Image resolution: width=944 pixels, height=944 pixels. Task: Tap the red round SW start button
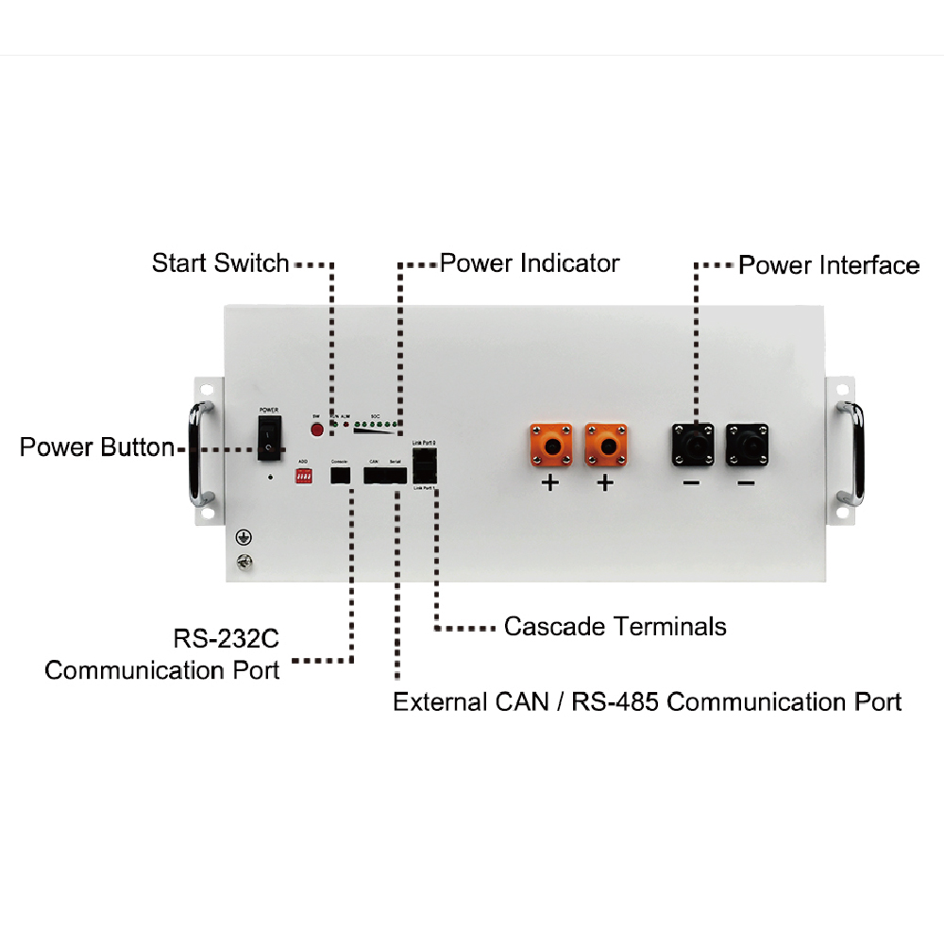click(x=317, y=430)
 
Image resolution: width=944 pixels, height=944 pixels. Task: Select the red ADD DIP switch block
click(x=304, y=478)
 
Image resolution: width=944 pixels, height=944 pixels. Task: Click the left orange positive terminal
click(x=550, y=444)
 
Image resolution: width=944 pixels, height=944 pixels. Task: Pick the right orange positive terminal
click(x=606, y=444)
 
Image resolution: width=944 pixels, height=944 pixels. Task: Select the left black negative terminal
click(x=693, y=444)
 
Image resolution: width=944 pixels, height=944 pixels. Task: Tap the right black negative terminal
click(x=748, y=444)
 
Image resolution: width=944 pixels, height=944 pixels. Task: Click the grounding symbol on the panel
click(x=242, y=538)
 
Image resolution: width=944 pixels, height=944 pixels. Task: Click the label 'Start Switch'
click(x=220, y=262)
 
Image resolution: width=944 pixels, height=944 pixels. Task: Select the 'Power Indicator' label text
click(x=530, y=262)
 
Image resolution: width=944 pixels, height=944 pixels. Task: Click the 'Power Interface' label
click(x=828, y=265)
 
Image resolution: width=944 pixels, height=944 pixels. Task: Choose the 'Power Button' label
click(x=96, y=447)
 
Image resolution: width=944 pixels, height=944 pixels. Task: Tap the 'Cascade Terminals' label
click(x=615, y=626)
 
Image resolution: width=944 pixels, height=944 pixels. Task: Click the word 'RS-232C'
click(x=226, y=639)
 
